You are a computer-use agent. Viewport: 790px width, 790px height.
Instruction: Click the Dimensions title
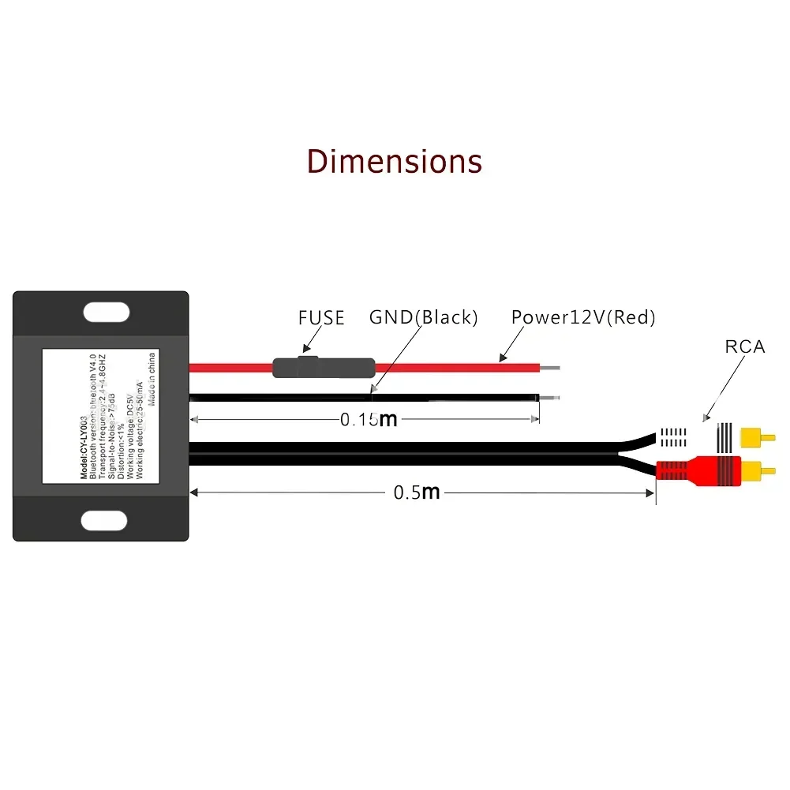(x=394, y=160)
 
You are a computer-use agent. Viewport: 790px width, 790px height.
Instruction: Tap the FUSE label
(x=321, y=318)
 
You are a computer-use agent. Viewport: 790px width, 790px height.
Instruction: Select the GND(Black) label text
(x=424, y=318)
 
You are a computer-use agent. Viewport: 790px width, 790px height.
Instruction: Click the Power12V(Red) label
(x=583, y=318)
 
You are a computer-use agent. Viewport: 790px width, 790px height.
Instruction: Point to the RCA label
(x=745, y=346)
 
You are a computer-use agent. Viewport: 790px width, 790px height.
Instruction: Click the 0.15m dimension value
(x=368, y=420)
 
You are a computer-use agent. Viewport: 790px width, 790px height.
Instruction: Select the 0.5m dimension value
(x=416, y=492)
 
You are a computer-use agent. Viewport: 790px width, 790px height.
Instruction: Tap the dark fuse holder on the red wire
(x=324, y=367)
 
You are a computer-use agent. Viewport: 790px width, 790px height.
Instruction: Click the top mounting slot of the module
(x=104, y=310)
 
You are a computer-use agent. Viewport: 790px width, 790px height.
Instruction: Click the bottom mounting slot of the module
(x=104, y=520)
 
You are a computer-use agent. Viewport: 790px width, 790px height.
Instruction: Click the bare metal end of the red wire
(x=551, y=367)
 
